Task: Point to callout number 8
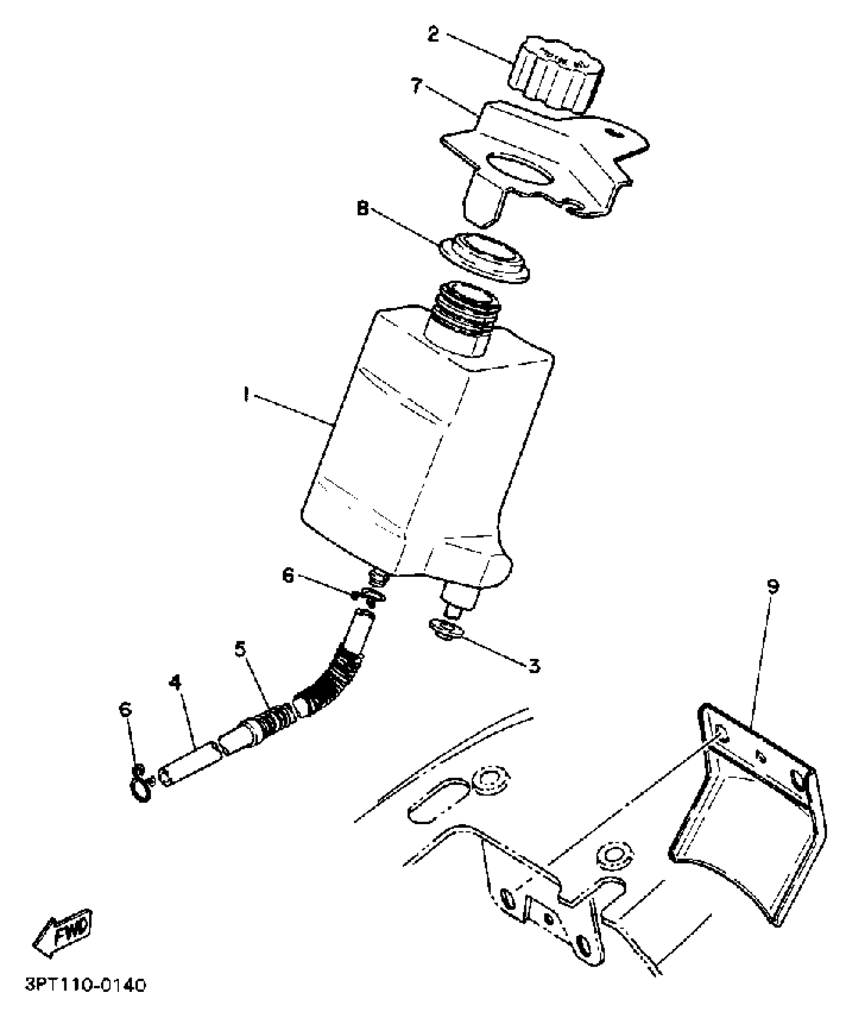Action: click(x=363, y=208)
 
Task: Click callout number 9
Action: click(x=772, y=586)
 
